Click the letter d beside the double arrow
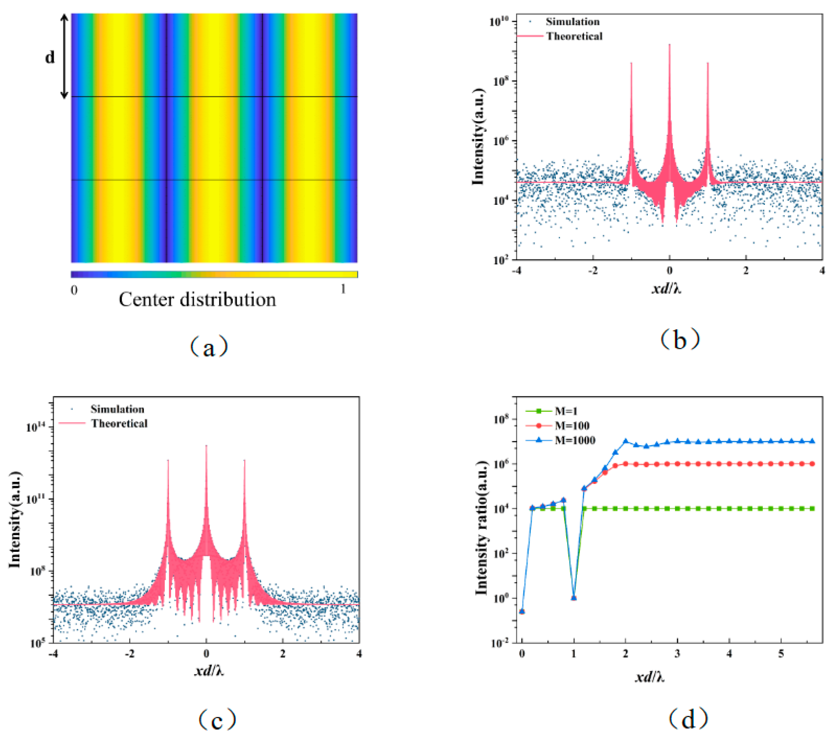(x=50, y=57)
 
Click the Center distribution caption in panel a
(x=197, y=300)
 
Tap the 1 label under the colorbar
(x=343, y=289)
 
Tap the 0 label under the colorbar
(x=74, y=290)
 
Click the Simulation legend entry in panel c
(x=117, y=409)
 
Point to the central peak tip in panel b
(x=669, y=45)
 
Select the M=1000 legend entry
(x=574, y=440)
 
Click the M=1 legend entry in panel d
(x=566, y=411)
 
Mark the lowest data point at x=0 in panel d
(x=522, y=611)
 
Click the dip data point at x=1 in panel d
(x=574, y=598)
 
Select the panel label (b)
(x=680, y=339)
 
